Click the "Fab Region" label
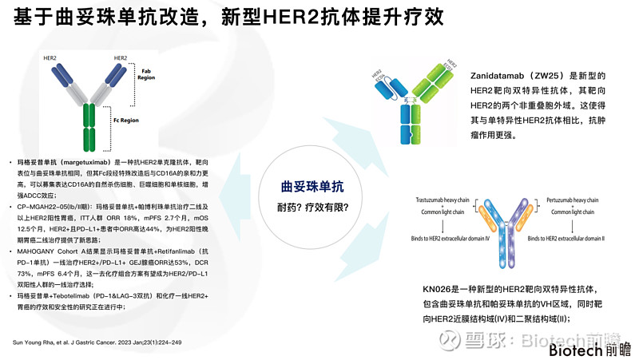[145, 73]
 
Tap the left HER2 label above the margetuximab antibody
[50, 58]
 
